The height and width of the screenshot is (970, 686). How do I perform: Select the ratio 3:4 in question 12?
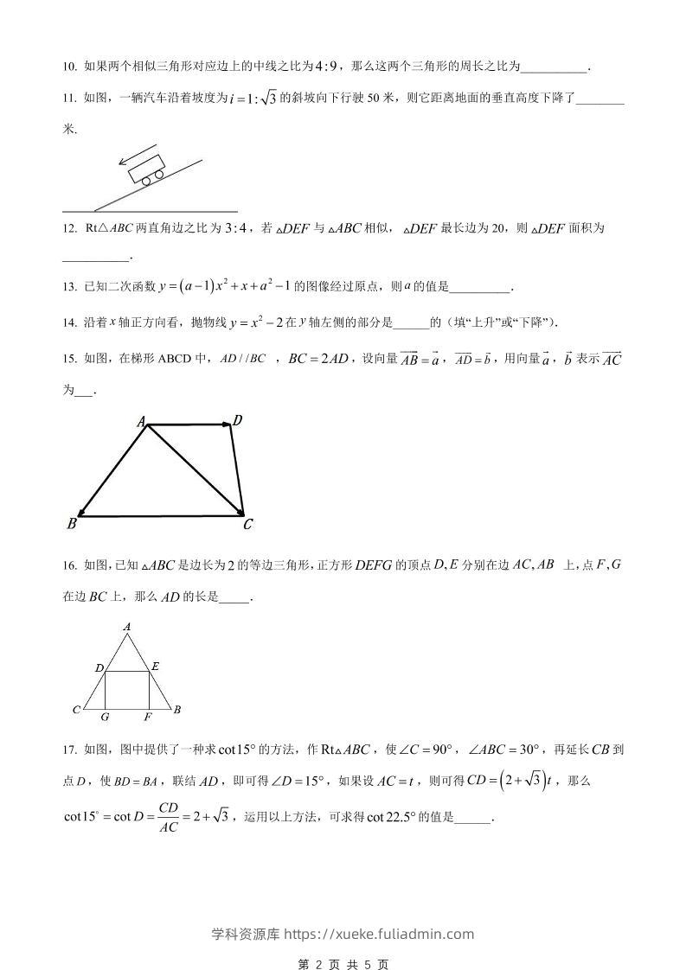[235, 229]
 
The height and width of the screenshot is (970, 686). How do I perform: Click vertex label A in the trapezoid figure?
[140, 421]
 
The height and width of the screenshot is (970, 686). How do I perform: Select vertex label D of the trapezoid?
[237, 420]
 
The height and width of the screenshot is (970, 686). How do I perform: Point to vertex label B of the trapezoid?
[71, 524]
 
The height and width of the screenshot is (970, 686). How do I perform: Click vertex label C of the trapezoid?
[247, 524]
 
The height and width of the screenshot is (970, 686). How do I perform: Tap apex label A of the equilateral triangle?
[127, 626]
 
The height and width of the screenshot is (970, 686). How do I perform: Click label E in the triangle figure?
[155, 666]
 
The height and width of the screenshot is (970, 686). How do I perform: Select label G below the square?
[105, 718]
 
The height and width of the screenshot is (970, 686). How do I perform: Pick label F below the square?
[148, 718]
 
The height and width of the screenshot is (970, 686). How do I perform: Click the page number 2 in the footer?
[318, 964]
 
